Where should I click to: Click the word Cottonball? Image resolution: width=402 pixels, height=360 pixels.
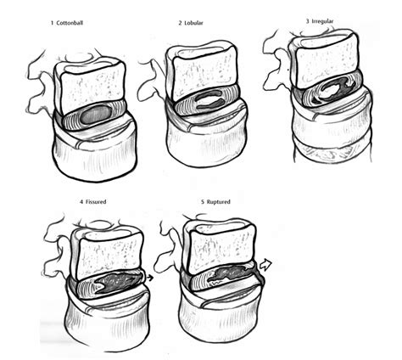click(x=70, y=23)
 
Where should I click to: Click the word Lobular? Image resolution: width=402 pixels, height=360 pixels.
click(x=193, y=23)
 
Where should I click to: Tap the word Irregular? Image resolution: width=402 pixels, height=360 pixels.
click(x=323, y=21)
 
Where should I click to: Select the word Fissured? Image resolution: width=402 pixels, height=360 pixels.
click(x=96, y=202)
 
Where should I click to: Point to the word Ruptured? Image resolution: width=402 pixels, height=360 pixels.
click(x=218, y=202)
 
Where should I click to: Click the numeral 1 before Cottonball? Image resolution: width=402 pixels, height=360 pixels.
click(x=52, y=23)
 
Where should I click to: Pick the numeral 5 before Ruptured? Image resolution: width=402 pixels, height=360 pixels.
click(x=203, y=202)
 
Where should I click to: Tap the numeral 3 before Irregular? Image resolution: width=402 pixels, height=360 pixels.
click(x=308, y=21)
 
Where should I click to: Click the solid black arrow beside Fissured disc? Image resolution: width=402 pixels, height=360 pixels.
click(x=150, y=278)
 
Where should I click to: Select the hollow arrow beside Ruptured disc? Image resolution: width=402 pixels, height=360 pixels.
click(x=265, y=264)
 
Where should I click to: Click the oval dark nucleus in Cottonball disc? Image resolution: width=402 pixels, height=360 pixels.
click(x=95, y=114)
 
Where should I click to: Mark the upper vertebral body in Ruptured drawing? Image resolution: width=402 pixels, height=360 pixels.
click(x=219, y=249)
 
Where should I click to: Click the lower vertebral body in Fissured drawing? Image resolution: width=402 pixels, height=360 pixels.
click(x=108, y=320)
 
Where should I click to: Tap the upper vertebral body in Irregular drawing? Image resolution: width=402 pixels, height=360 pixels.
click(x=325, y=61)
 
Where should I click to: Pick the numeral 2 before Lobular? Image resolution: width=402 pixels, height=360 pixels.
click(x=180, y=23)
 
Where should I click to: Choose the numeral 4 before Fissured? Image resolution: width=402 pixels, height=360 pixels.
click(x=81, y=202)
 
